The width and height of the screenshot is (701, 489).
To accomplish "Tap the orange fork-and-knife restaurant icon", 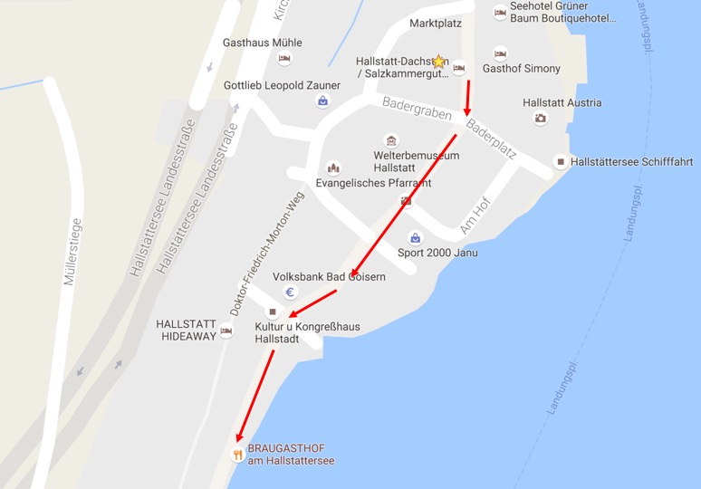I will (x=237, y=455).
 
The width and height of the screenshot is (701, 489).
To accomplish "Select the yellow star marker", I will (x=439, y=62).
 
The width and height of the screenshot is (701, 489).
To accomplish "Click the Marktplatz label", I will (x=437, y=23).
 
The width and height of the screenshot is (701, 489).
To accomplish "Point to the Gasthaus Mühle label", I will (x=263, y=43).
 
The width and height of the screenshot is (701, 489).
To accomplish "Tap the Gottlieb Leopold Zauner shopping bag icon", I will (x=322, y=101).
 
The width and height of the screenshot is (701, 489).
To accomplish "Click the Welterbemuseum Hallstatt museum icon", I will (x=391, y=140).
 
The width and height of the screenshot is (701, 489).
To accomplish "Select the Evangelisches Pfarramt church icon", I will (x=333, y=168).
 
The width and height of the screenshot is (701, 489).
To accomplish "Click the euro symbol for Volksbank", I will (x=291, y=292).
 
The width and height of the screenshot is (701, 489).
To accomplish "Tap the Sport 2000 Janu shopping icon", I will (x=415, y=238).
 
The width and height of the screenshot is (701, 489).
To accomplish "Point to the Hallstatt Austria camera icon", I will (x=541, y=118).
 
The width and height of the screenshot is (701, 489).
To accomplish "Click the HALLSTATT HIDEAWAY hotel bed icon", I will (x=226, y=331).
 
